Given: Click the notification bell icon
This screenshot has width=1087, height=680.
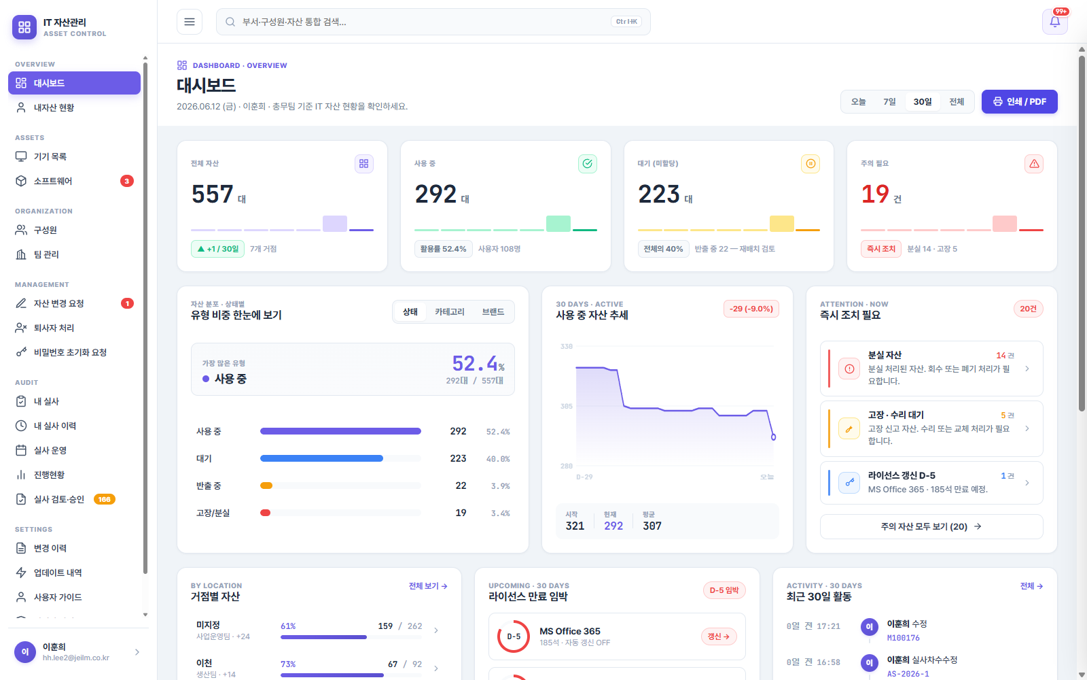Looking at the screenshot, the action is click(1054, 22).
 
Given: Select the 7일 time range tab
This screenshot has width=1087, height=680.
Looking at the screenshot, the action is click(889, 101).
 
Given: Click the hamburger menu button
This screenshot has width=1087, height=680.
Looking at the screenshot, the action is click(190, 22).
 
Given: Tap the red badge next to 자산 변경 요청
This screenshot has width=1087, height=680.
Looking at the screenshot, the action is click(127, 303).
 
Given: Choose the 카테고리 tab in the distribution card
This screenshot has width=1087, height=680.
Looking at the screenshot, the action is click(449, 312).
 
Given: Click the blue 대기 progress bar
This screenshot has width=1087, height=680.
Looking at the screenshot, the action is click(321, 458).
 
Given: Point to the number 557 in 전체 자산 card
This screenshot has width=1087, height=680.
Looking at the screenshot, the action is click(212, 194).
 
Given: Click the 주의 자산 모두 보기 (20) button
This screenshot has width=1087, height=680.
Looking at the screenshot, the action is click(931, 526).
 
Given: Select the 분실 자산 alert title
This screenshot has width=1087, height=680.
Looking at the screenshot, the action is click(885, 355).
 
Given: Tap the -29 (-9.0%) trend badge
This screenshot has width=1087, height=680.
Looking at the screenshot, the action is click(751, 309).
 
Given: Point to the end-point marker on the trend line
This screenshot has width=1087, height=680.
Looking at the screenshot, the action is click(774, 437).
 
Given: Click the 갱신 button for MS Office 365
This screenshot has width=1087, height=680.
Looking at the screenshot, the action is click(719, 636).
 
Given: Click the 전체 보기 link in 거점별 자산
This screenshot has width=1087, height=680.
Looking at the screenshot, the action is click(428, 586).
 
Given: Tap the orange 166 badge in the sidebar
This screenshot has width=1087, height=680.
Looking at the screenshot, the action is click(105, 499).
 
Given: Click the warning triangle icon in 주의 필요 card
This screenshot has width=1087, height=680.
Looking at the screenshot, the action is click(1033, 164).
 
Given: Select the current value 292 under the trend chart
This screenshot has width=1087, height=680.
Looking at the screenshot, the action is click(613, 526).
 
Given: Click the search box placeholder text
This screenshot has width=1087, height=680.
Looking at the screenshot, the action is click(294, 22).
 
